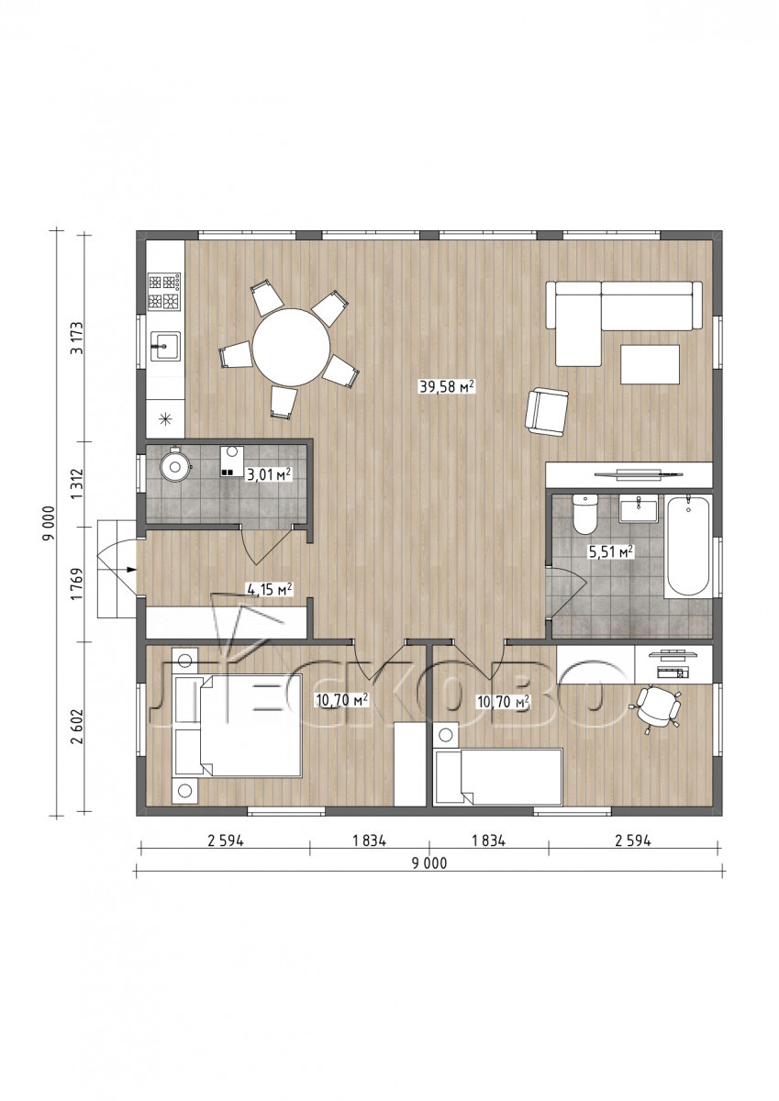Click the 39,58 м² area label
pos(447,387)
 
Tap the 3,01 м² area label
pos(269,475)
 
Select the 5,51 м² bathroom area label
pos(611,551)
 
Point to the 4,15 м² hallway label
pos(270,589)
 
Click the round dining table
pos(291,347)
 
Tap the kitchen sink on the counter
pos(164,347)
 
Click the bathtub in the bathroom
pos(688,546)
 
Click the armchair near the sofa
pos(547,412)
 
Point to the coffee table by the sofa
pos(650,364)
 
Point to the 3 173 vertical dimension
pos(77,339)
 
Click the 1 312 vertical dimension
pos(77,484)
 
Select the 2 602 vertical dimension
pos(77,727)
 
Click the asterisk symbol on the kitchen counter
pos(165,418)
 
